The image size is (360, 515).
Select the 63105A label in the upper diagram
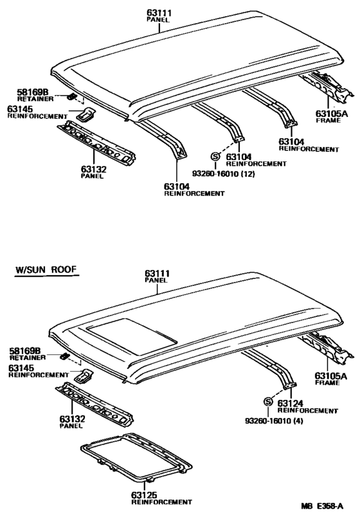click(x=331, y=114)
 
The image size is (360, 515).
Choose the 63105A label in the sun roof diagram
click(x=331, y=375)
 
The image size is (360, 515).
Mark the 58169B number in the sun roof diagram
click(x=24, y=350)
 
